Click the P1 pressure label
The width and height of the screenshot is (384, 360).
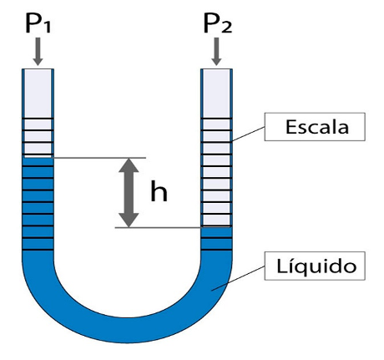coord(38,23)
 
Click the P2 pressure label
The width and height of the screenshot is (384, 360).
coord(218,23)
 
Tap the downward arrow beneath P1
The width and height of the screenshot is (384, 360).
coord(38,52)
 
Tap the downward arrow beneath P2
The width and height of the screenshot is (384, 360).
coord(216,52)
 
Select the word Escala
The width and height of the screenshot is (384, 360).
coord(317,127)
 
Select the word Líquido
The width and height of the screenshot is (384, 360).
coord(316,266)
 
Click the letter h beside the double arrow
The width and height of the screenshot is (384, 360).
coord(159,190)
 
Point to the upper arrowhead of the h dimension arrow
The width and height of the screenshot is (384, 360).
coord(129,165)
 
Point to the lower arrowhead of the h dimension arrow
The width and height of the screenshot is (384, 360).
coord(129,221)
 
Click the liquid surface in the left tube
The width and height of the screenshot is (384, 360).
coord(38,158)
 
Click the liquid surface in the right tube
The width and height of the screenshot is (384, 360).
coord(216,227)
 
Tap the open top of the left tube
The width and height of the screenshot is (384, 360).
coord(38,69)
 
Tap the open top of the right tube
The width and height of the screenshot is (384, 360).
coord(216,69)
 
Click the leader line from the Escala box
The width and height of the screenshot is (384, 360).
coord(248,134)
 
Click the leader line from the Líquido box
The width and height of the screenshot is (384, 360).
coord(238,278)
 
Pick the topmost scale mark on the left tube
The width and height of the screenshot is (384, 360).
coord(38,119)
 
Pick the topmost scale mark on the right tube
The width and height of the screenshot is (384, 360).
coord(216,119)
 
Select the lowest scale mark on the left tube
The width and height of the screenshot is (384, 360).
coord(38,250)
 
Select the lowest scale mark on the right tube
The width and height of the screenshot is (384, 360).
coord(216,250)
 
